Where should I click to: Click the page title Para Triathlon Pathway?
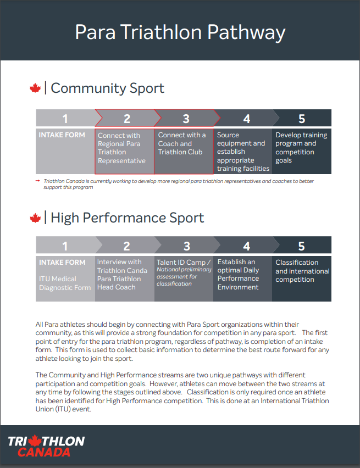click(x=180, y=32)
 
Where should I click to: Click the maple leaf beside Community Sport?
click(x=35, y=88)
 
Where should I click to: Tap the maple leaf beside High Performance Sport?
click(x=35, y=218)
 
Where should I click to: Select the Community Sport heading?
click(x=107, y=88)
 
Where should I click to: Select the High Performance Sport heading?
click(x=127, y=218)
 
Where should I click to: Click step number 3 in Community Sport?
click(x=186, y=119)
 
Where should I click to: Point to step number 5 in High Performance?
click(x=301, y=247)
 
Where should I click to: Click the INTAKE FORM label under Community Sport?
click(x=62, y=135)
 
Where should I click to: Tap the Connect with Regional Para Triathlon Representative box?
click(x=124, y=148)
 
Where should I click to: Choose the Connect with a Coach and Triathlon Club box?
click(x=182, y=144)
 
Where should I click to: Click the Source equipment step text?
click(x=242, y=152)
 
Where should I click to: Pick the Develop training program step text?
click(x=301, y=148)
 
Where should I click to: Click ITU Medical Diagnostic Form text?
click(x=64, y=283)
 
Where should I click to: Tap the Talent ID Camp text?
click(x=184, y=263)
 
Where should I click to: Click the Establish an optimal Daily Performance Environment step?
click(x=242, y=275)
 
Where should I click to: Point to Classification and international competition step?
click(x=302, y=271)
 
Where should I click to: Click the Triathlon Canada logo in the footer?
click(x=46, y=446)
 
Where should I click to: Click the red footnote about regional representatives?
click(x=176, y=184)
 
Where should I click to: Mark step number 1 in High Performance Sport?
click(x=65, y=247)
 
